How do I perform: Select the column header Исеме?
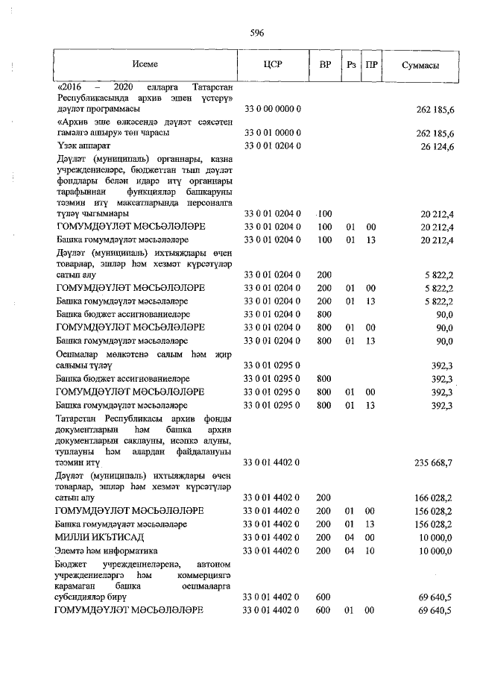coord(145,66)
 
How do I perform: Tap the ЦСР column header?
coord(272,66)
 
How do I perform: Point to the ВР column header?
coord(325,66)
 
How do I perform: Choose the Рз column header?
coord(350,66)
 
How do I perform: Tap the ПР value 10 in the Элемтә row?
coord(370,551)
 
